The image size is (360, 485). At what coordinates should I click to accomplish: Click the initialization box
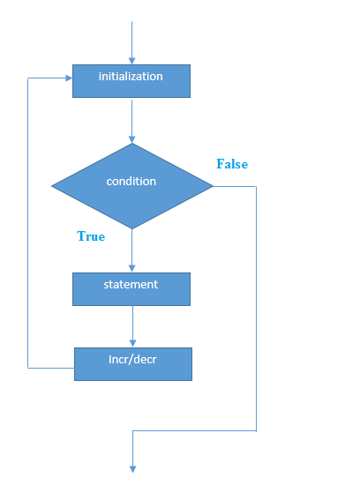click(x=131, y=80)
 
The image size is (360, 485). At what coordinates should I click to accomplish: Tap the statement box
click(x=131, y=288)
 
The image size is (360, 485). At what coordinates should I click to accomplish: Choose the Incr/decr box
click(x=132, y=363)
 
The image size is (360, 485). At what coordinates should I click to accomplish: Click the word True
click(x=91, y=237)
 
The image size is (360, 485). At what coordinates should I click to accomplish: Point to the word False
click(x=232, y=165)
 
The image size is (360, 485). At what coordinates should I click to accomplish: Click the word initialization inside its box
click(x=131, y=77)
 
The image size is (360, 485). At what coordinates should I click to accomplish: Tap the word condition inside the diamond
click(x=131, y=182)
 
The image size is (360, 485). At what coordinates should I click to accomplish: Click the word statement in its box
click(x=131, y=285)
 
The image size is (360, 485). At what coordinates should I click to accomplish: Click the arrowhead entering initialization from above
click(x=131, y=60)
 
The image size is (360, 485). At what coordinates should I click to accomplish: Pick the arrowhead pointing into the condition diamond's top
click(x=131, y=138)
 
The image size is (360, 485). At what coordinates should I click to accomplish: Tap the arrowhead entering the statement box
click(x=131, y=268)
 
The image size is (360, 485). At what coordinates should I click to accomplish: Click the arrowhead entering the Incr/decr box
click(x=132, y=342)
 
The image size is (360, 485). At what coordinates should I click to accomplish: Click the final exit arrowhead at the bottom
click(x=132, y=467)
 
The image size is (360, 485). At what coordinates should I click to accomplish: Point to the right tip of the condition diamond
click(x=212, y=186)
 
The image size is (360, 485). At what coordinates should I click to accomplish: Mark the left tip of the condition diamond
click(x=53, y=186)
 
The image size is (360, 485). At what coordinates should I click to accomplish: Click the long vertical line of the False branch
click(x=256, y=309)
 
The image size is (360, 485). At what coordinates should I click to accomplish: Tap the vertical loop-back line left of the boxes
click(x=28, y=220)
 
